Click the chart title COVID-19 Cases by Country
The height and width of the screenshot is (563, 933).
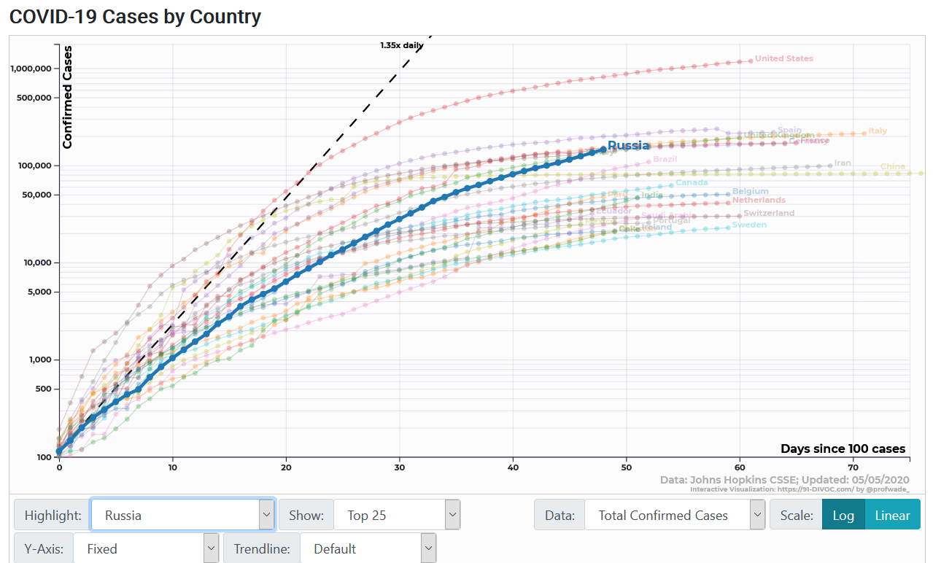[135, 16]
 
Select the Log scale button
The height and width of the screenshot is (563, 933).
[843, 515]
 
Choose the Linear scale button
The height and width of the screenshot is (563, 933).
[892, 515]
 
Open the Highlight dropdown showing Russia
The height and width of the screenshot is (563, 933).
[182, 515]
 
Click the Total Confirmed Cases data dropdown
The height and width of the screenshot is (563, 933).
[675, 515]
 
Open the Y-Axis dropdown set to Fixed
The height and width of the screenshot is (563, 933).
[145, 548]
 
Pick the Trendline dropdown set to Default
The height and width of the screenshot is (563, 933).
[368, 548]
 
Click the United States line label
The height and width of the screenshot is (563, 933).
[783, 58]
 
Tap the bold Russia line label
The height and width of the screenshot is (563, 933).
[628, 145]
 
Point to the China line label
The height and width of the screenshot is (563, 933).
[892, 166]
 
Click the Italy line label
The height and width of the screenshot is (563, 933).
[878, 131]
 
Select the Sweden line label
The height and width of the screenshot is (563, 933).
[749, 225]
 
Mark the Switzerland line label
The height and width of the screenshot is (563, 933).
[769, 213]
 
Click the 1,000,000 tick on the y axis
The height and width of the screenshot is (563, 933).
[30, 69]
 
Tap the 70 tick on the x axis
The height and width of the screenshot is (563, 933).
[853, 467]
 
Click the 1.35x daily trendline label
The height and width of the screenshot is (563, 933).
[401, 45]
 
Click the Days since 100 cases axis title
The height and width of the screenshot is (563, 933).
[843, 449]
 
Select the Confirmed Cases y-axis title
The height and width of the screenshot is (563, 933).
[68, 97]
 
